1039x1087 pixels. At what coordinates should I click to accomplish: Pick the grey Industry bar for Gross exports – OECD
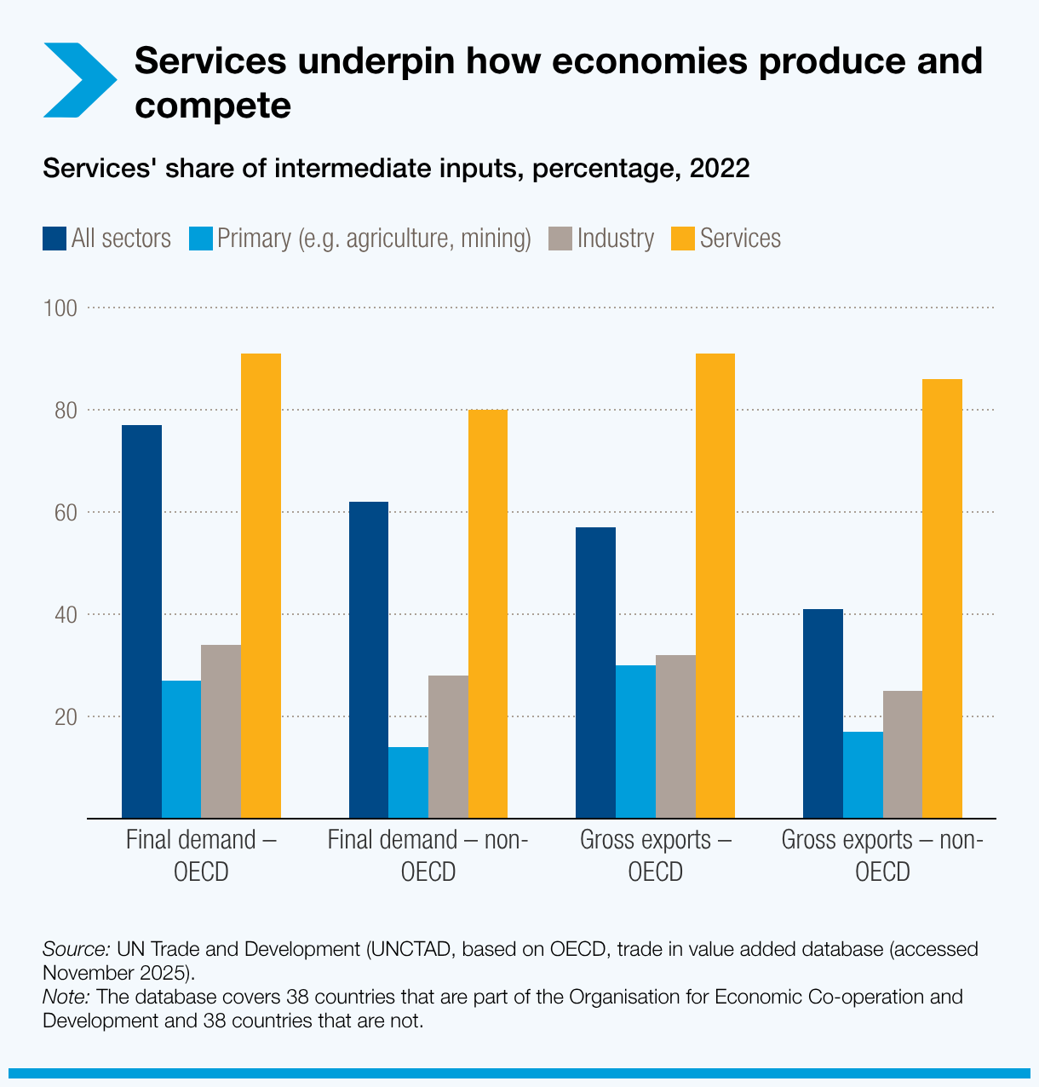(675, 737)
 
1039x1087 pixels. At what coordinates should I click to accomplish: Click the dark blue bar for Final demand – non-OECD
(369, 660)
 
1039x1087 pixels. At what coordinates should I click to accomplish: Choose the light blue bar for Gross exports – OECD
(635, 741)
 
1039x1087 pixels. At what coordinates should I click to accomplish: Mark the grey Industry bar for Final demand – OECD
(221, 732)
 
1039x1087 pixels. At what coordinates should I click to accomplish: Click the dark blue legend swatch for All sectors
(55, 239)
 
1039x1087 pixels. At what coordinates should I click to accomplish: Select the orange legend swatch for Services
(683, 239)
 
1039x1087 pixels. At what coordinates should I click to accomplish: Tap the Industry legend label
(615, 239)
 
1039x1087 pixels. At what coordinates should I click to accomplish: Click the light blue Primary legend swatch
(200, 239)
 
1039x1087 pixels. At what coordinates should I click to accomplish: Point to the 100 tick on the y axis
(60, 308)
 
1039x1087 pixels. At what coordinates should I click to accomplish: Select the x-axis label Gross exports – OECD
(656, 856)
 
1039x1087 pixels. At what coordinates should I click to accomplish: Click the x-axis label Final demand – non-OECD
(428, 856)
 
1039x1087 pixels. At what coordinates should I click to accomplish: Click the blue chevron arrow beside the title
(79, 80)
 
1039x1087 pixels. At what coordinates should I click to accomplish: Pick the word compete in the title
(213, 106)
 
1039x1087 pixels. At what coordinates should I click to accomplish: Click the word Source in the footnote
(76, 949)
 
